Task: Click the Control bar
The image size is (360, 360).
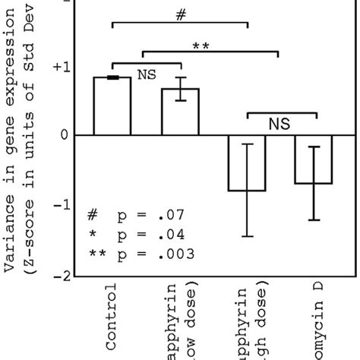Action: pos(112,106)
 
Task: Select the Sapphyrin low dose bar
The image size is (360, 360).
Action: pos(180,112)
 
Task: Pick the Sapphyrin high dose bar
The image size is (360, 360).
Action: pos(247,163)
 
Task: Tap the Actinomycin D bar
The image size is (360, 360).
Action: pos(314,159)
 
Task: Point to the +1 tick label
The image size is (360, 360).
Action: pos(61,67)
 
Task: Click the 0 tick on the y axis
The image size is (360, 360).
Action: pos(65,136)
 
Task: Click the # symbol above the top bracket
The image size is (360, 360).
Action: pos(180,14)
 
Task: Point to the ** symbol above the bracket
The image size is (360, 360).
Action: pos(201,46)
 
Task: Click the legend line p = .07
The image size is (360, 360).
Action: pos(133,216)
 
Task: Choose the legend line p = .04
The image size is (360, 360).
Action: pos(133,235)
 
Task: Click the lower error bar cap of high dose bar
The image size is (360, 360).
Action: pos(247,236)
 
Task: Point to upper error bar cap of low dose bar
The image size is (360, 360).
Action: pos(180,77)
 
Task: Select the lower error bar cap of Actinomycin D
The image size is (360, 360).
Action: pos(314,219)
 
